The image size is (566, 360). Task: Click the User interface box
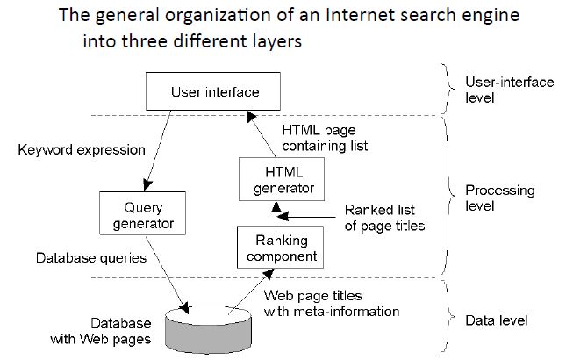coord(202,91)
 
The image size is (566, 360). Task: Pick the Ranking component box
coord(276,248)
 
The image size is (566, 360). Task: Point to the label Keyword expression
coord(82,149)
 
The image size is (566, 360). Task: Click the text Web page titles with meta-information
coord(332,303)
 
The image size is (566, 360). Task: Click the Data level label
coord(497,320)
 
